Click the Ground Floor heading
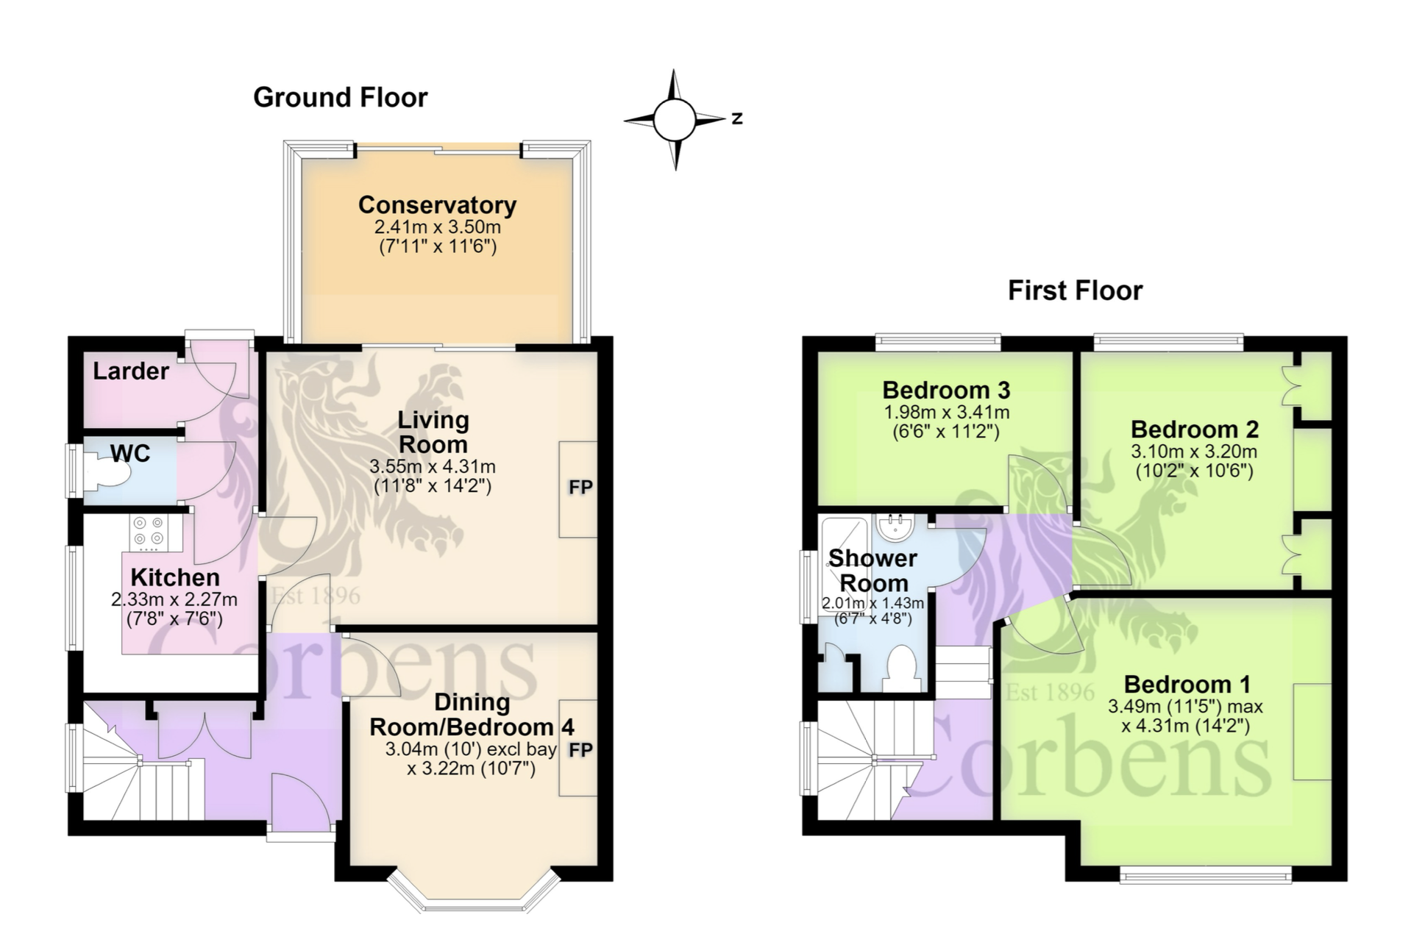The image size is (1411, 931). click(x=340, y=98)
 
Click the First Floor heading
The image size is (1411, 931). click(x=1075, y=290)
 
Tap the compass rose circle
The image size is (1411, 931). click(x=674, y=120)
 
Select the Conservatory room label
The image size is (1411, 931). click(x=437, y=204)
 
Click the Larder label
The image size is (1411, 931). click(x=131, y=371)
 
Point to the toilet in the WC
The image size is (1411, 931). click(x=107, y=469)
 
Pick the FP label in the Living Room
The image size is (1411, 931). click(x=580, y=487)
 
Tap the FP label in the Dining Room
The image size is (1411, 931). click(x=580, y=749)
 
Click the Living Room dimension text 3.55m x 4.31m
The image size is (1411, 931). click(x=433, y=466)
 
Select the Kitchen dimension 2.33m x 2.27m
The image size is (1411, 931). click(x=174, y=599)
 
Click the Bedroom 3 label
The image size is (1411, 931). click(x=946, y=390)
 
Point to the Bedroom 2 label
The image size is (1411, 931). click(x=1195, y=429)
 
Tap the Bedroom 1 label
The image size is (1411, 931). click(x=1187, y=684)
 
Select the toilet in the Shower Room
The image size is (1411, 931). click(x=901, y=668)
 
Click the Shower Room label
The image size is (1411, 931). click(x=873, y=571)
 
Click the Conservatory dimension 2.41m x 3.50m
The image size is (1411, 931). click(x=438, y=226)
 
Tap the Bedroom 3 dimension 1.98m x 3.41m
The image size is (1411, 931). click(x=947, y=412)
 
